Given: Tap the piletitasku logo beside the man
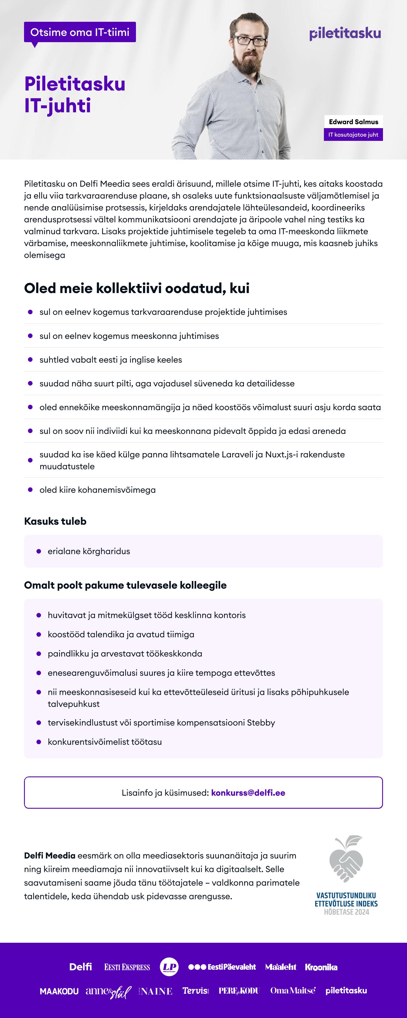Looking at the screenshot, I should [345, 34].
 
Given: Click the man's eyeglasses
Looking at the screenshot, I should [250, 40].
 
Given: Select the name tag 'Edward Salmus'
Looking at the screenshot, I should [353, 122].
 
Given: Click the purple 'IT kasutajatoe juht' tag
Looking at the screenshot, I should [353, 135].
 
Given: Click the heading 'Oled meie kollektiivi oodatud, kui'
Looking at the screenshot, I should [137, 288].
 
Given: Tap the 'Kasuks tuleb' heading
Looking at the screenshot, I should [55, 521].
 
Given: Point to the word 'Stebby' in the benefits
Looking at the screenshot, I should [261, 722].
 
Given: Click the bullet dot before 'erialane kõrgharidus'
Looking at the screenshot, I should [39, 551].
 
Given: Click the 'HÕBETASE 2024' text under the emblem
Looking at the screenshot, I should [346, 912].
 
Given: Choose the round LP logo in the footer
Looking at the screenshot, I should [169, 967].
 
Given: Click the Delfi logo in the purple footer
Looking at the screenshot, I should [81, 967].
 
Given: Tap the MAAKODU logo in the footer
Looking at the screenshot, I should [59, 991].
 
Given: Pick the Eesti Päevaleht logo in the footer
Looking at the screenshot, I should [222, 967].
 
